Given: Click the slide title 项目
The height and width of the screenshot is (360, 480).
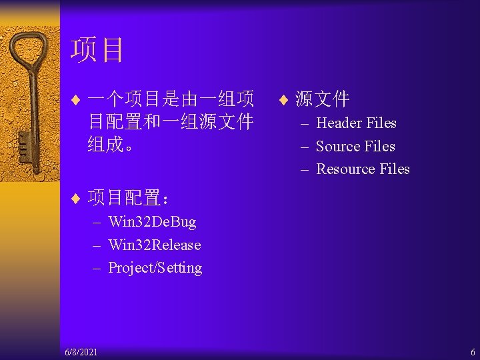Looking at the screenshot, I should coord(97,50).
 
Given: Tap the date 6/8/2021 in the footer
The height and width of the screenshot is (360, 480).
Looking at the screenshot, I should coord(81,351).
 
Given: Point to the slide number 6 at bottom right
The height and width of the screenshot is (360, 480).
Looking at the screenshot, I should coord(473,351).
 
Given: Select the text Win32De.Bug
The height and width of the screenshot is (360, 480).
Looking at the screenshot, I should coord(152,222).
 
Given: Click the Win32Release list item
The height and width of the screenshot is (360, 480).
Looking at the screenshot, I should coord(154,245).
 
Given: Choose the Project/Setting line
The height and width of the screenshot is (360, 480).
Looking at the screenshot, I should coord(155,268).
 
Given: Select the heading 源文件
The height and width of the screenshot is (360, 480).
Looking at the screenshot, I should coord(323,100).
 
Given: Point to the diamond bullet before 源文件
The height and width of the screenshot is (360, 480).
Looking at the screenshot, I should coord(283,101).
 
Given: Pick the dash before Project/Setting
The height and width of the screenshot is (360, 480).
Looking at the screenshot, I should coord(97,268).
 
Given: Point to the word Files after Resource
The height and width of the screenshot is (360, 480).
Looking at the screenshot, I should coord(394,169).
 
